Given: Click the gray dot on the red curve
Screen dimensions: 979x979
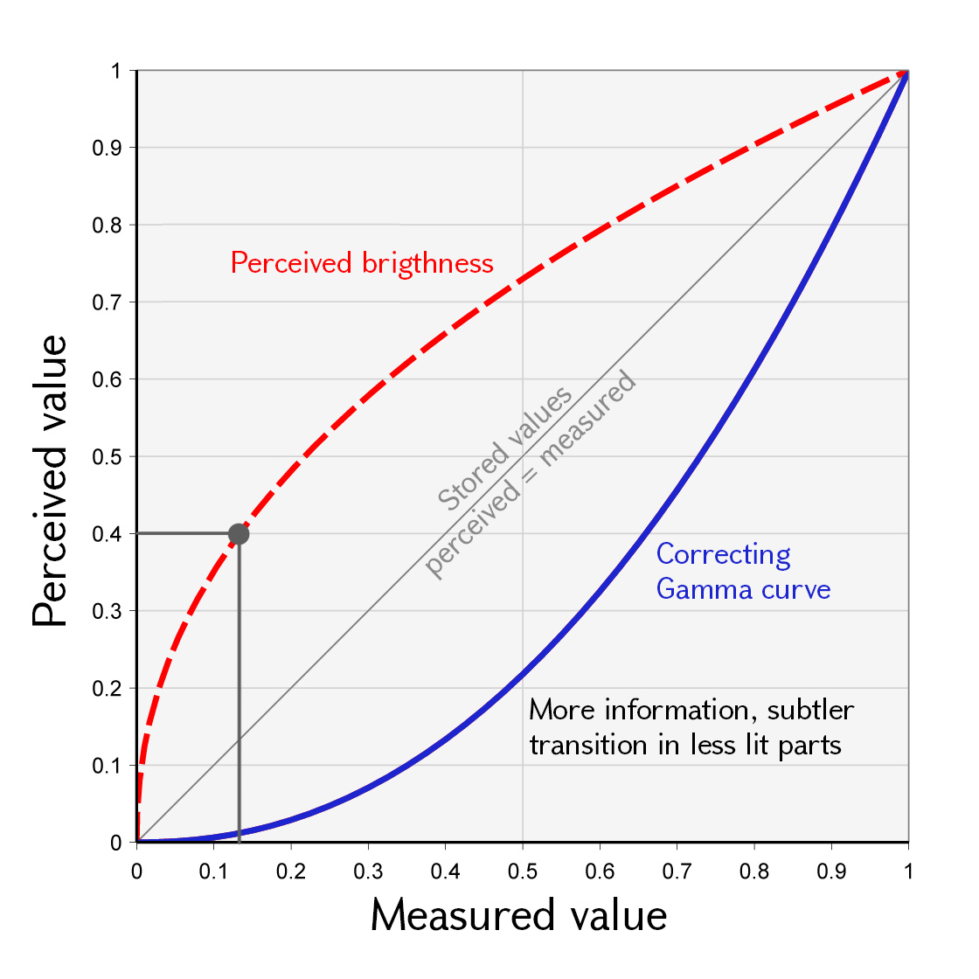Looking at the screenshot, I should (239, 533).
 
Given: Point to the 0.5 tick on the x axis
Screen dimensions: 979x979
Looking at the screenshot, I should (523, 871).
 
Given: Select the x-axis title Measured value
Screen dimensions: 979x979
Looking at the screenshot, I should (518, 915).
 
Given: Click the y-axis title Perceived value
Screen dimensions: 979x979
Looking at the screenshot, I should (50, 481).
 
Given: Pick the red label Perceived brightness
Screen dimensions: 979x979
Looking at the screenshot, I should (362, 263).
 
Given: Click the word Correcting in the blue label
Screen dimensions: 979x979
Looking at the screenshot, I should (723, 554).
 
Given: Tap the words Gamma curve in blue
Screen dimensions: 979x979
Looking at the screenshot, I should (743, 589).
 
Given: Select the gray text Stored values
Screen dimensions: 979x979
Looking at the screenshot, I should (504, 448).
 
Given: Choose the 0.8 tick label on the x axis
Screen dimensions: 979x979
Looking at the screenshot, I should (754, 871).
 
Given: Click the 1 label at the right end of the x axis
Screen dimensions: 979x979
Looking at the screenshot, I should (908, 871).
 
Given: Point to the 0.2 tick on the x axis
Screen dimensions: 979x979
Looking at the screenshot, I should (291, 871).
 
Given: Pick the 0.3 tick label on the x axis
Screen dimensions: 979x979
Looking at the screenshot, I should (368, 871).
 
